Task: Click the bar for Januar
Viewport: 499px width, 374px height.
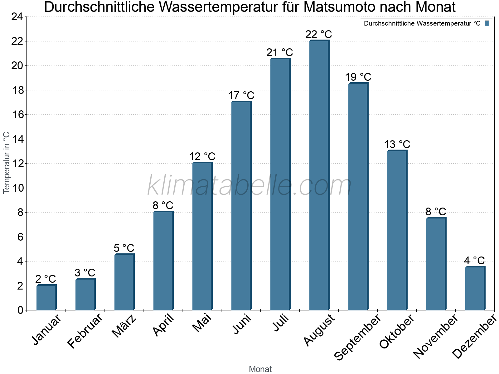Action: [x=46, y=298]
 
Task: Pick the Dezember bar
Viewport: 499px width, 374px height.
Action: [x=475, y=288]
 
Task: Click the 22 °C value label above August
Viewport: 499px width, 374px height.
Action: [x=318, y=34]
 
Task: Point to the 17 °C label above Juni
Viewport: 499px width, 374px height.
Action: [x=241, y=95]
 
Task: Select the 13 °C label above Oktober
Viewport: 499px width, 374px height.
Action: [x=397, y=144]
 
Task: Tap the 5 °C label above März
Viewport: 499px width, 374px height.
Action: [x=124, y=248]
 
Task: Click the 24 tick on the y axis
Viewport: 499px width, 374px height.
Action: [x=17, y=17]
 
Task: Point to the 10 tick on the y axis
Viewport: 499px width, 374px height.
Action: [x=17, y=188]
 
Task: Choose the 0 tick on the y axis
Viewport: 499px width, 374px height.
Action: [x=21, y=310]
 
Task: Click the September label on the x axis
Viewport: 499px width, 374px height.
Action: [x=357, y=337]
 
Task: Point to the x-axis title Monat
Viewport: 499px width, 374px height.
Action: [x=260, y=369]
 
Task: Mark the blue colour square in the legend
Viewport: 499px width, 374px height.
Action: [x=487, y=23]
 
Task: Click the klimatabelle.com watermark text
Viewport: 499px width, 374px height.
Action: [x=249, y=185]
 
